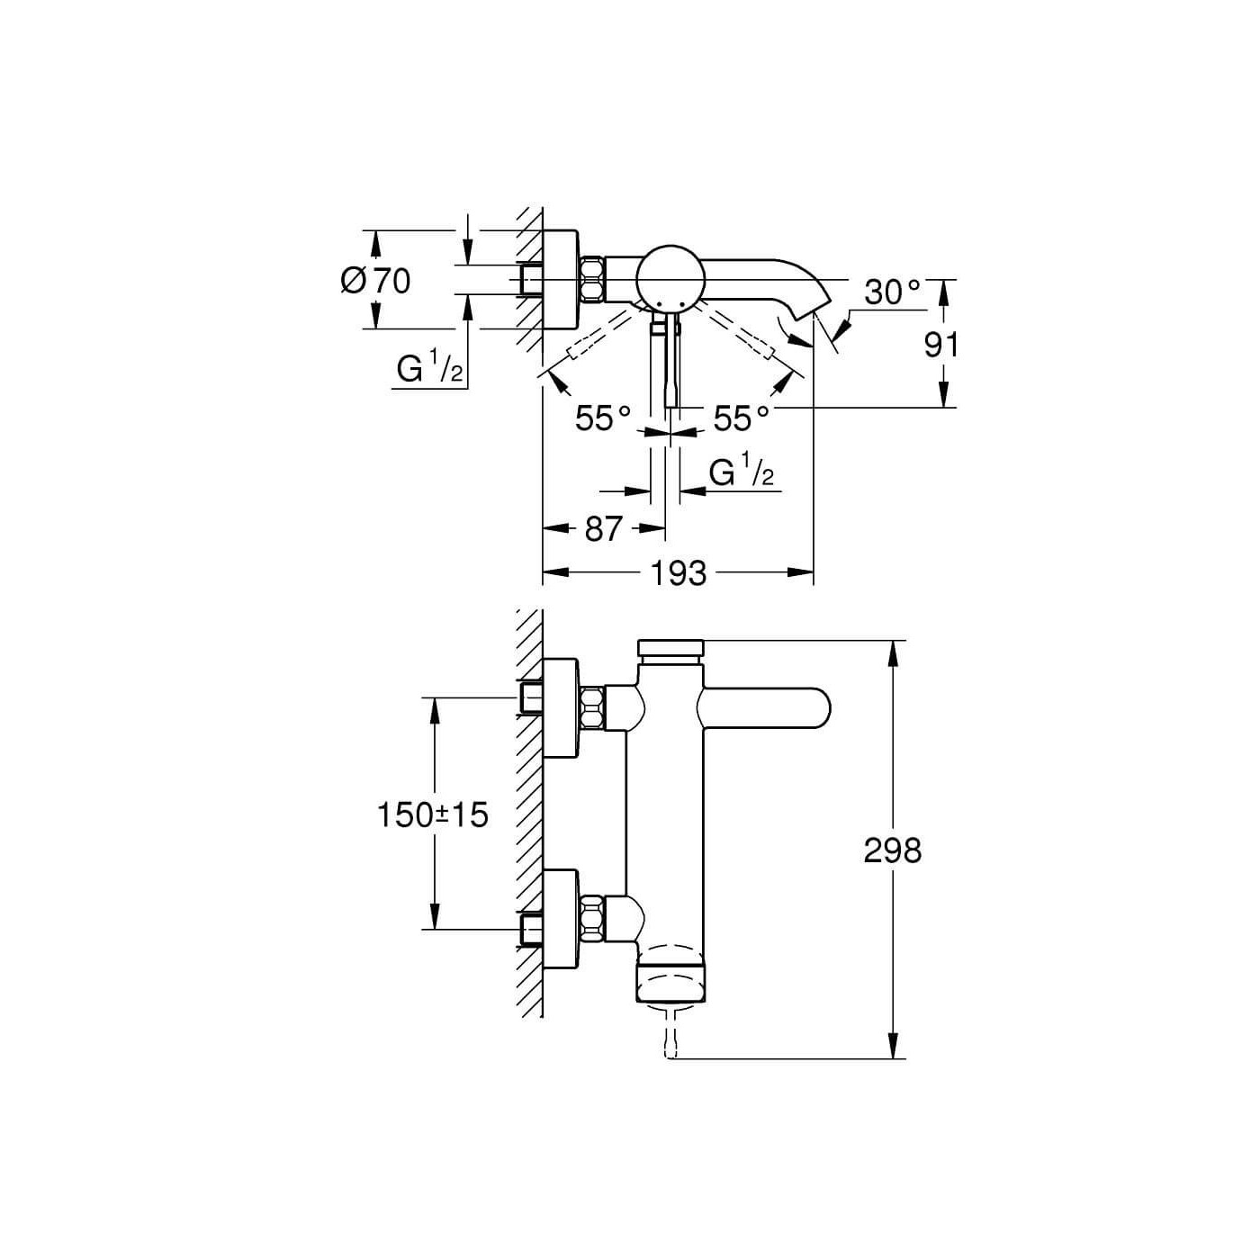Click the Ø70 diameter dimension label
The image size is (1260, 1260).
click(375, 281)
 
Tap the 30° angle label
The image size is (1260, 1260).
click(893, 292)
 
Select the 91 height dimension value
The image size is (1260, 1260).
click(940, 345)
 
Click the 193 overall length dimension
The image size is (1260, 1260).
click(679, 573)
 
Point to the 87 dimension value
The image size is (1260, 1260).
click(602, 528)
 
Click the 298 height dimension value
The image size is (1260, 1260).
click(893, 850)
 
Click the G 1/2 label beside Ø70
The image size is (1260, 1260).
click(430, 369)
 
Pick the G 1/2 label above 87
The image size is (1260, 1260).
click(742, 472)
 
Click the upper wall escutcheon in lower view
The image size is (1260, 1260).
click(561, 708)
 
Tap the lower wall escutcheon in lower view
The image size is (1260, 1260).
click(561, 921)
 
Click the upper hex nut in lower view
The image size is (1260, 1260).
click(593, 708)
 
